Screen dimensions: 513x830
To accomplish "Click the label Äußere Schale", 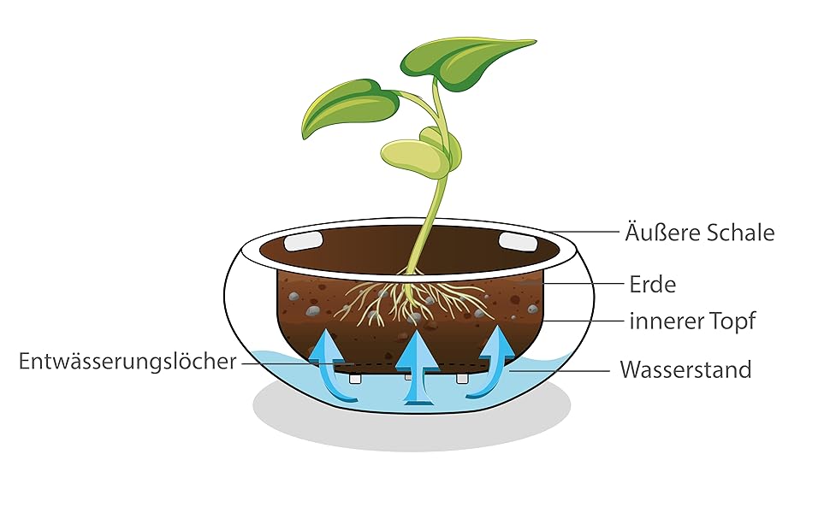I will point(701,232).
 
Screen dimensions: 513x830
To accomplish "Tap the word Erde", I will point(652,283).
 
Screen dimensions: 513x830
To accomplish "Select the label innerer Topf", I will point(693,322).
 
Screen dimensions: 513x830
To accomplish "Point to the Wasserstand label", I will point(685,370).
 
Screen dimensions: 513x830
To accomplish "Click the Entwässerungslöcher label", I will point(127,362).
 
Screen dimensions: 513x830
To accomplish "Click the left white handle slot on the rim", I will point(301,241).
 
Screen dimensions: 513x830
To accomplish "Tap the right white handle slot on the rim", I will point(516,241).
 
